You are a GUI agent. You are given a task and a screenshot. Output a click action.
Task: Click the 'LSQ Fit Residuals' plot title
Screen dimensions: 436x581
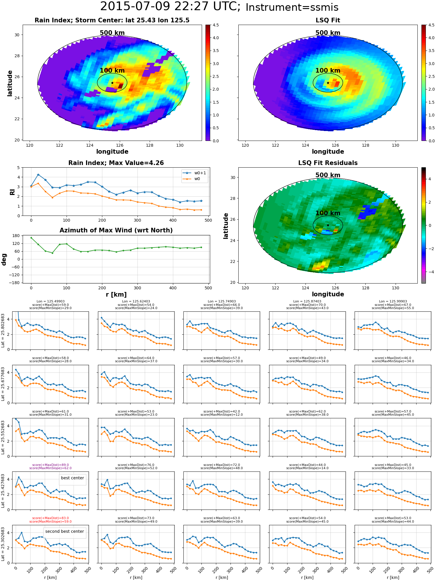[328, 163]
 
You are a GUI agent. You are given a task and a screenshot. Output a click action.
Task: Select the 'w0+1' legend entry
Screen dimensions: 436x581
[194, 173]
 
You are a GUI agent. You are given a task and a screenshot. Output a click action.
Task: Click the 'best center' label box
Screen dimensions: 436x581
[72, 478]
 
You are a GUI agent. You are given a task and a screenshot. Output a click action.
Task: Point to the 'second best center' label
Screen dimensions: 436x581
[65, 531]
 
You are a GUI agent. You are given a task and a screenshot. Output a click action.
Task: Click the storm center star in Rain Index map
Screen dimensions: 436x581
[112, 83]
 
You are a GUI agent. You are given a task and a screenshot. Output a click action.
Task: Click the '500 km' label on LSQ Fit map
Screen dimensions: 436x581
[328, 33]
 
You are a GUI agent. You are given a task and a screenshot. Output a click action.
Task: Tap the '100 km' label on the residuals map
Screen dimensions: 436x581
[328, 213]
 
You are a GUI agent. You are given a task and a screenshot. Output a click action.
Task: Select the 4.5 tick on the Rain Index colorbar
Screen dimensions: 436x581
[215, 25]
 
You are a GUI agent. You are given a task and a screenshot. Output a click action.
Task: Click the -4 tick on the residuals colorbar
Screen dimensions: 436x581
[429, 272]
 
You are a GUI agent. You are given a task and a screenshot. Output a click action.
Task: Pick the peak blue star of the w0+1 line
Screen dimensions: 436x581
[38, 175]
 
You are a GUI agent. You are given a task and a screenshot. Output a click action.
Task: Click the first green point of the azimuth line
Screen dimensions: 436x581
[31, 238]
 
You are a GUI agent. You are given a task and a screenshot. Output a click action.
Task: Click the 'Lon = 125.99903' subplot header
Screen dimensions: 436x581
[393, 302]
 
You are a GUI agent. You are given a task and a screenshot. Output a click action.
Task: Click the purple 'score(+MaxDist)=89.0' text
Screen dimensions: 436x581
[50, 465]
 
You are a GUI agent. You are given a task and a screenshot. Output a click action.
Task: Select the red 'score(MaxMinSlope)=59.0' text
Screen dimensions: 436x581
[50, 521]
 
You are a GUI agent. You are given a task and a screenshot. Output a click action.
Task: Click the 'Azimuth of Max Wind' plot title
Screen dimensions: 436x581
[116, 230]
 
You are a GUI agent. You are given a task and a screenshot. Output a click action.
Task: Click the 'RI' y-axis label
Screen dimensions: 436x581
[12, 192]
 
